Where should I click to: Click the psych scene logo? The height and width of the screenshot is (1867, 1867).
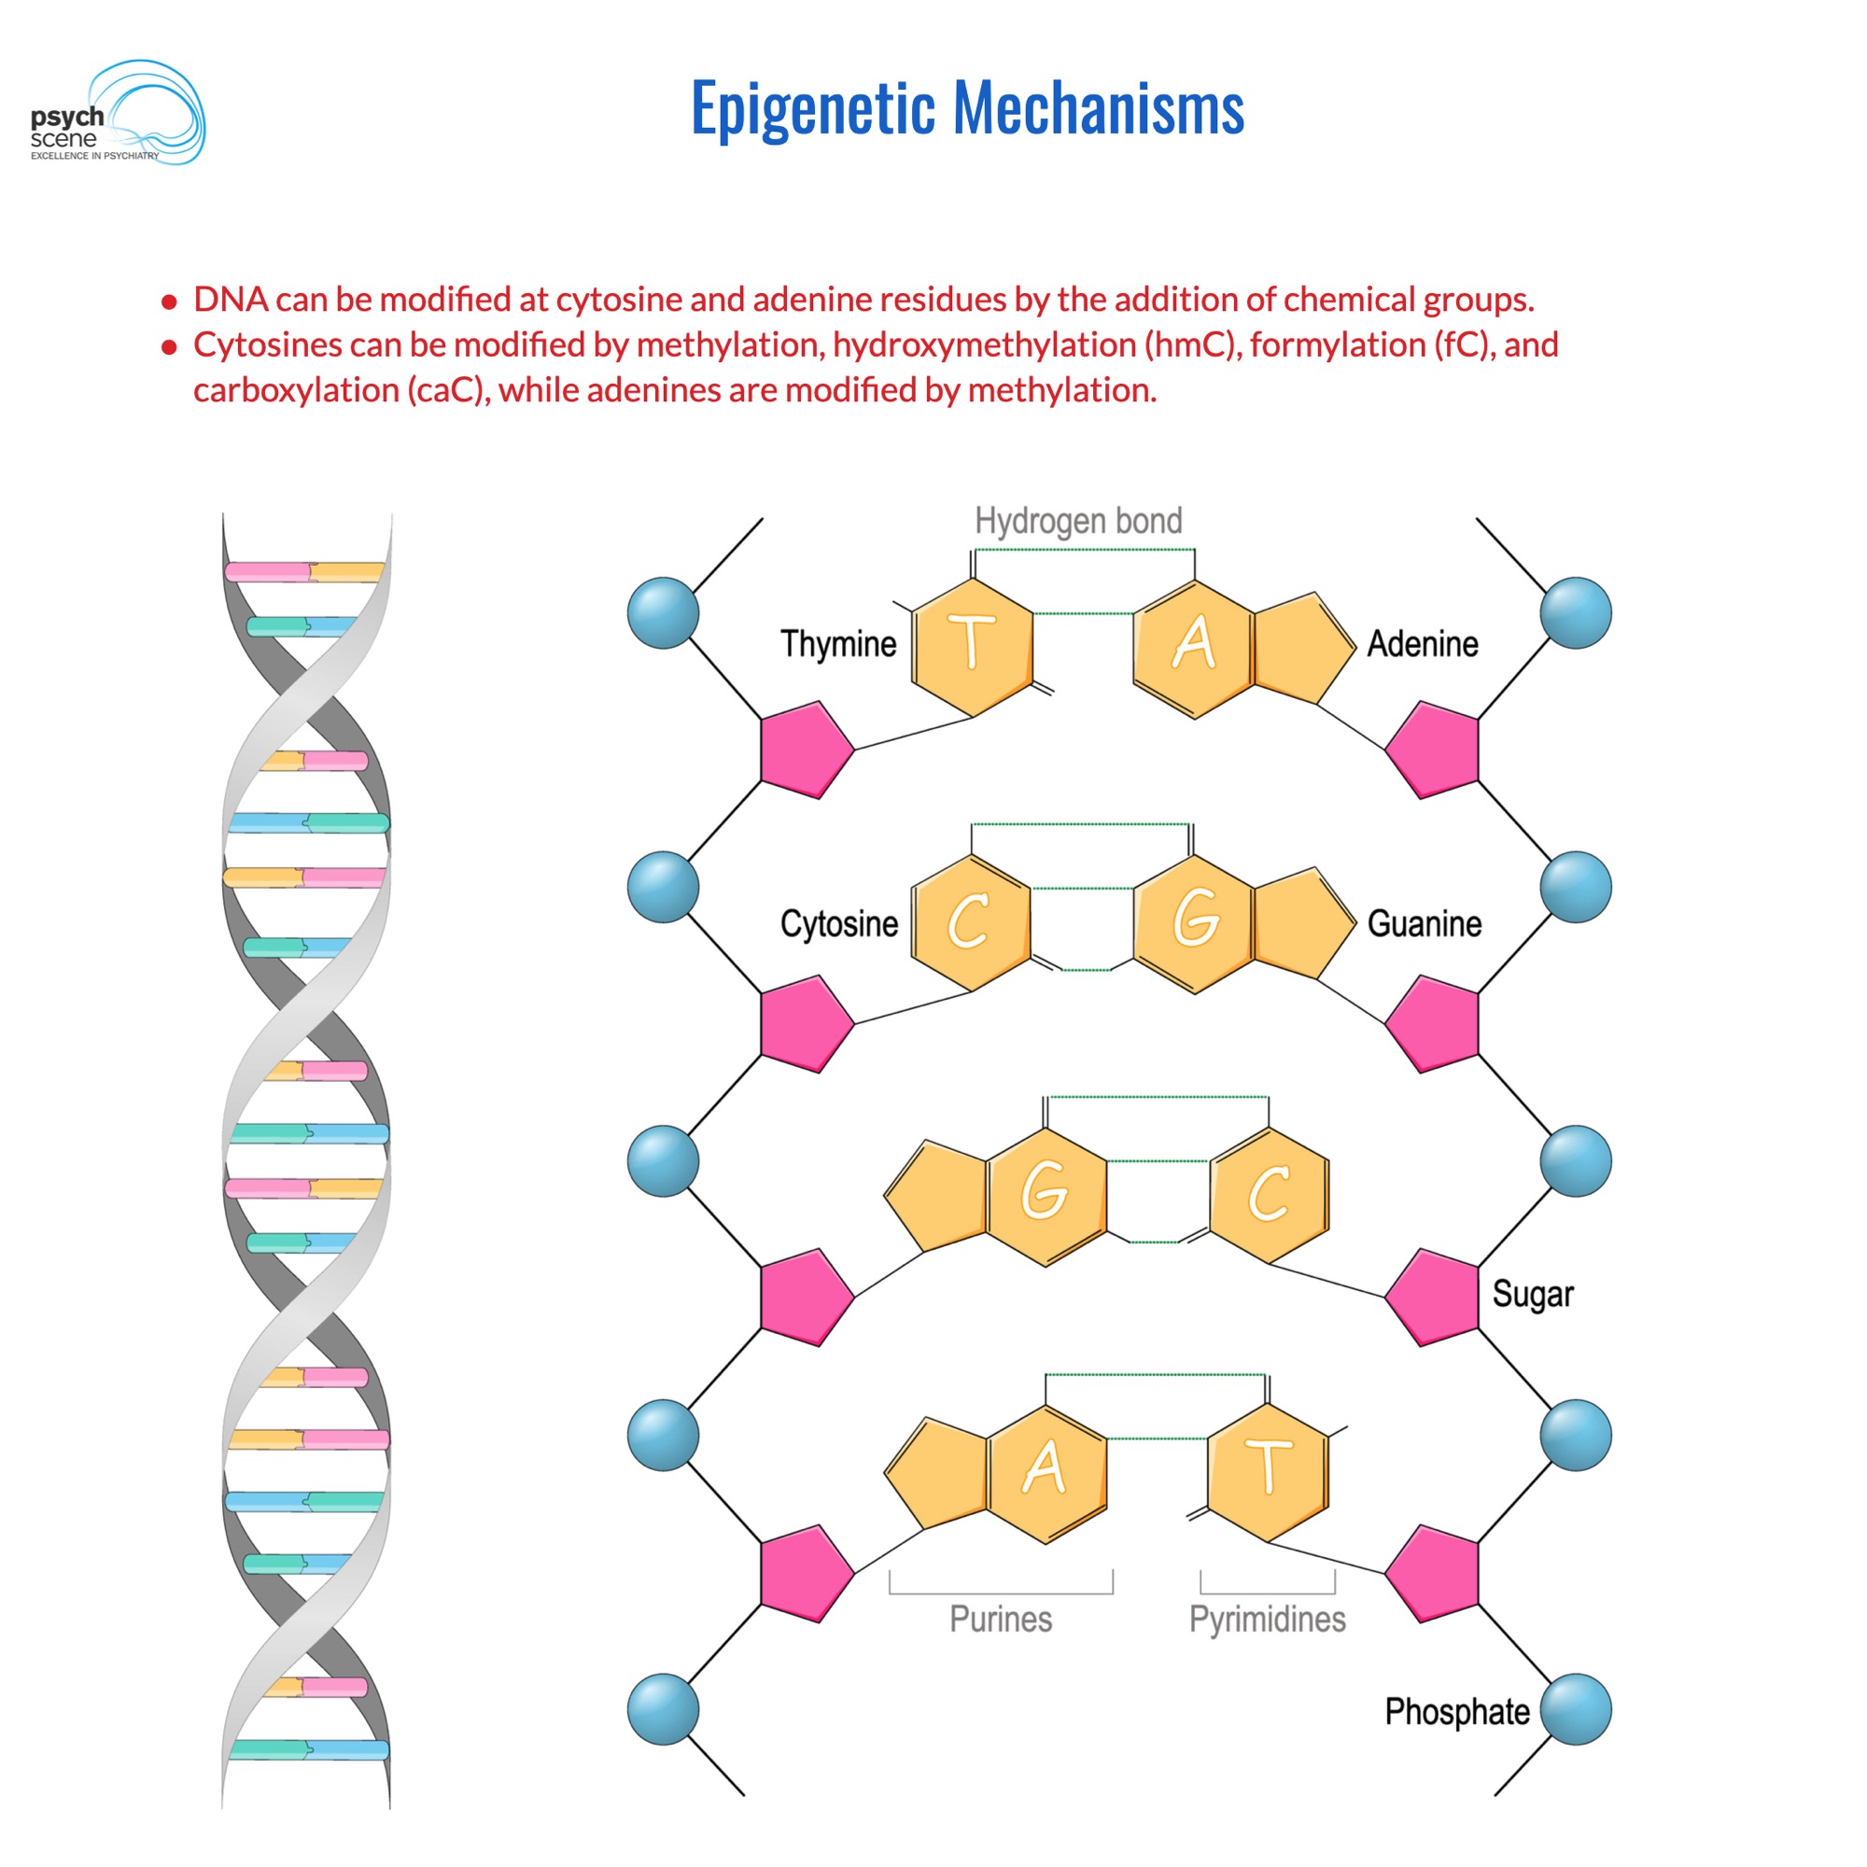[117, 113]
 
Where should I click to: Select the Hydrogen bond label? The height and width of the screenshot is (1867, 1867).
[1077, 521]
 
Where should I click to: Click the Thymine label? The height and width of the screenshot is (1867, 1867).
[838, 643]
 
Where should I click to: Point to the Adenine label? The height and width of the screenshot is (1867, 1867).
[1422, 643]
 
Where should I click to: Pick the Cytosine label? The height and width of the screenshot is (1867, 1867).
[839, 923]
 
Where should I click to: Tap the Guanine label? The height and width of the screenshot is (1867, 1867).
[1424, 923]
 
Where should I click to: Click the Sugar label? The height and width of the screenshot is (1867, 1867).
[1532, 1293]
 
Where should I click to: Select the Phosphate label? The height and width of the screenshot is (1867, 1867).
[1456, 1711]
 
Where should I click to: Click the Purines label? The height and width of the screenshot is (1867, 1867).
[1000, 1619]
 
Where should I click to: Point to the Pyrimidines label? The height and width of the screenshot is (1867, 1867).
[1267, 1619]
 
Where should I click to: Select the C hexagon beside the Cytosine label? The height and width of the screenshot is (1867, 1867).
[970, 922]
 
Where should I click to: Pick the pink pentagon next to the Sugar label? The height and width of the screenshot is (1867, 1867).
[1432, 1297]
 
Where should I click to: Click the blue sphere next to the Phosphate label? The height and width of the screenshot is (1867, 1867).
[1575, 1709]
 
